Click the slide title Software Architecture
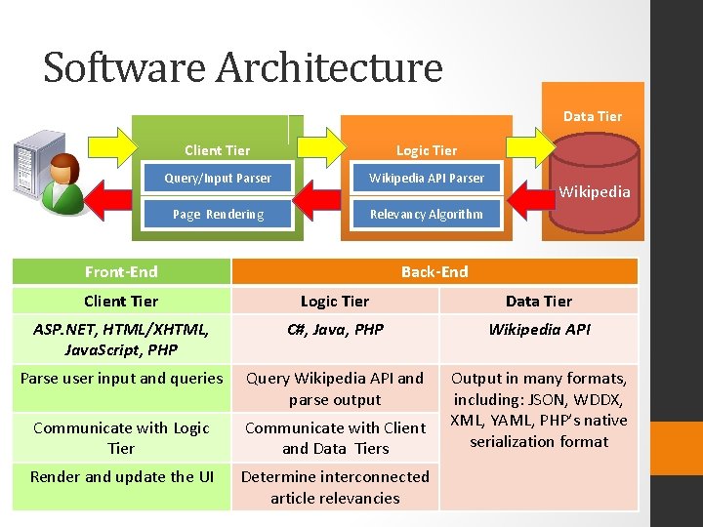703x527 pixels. pyautogui.click(x=243, y=68)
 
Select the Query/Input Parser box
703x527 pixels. pyautogui.click(x=218, y=178)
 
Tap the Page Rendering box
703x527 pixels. pyautogui.click(x=218, y=214)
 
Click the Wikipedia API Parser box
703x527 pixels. pyautogui.click(x=426, y=178)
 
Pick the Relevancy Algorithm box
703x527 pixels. pyautogui.click(x=426, y=214)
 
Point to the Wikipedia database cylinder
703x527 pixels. pyautogui.click(x=593, y=185)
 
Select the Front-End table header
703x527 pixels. pyautogui.click(x=121, y=271)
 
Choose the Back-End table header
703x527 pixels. pyautogui.click(x=434, y=271)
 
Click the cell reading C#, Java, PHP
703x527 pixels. pyautogui.click(x=335, y=329)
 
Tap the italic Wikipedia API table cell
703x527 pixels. pyautogui.click(x=539, y=329)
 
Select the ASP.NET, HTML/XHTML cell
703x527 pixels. pyautogui.click(x=121, y=339)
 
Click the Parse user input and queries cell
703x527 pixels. pyautogui.click(x=121, y=378)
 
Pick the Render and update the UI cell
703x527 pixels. pyautogui.click(x=121, y=476)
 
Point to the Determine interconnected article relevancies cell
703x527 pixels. pyautogui.click(x=335, y=487)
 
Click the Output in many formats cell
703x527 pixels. pyautogui.click(x=539, y=410)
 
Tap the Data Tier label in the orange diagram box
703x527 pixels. pyautogui.click(x=592, y=116)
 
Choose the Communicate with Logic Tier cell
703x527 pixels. pyautogui.click(x=121, y=437)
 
